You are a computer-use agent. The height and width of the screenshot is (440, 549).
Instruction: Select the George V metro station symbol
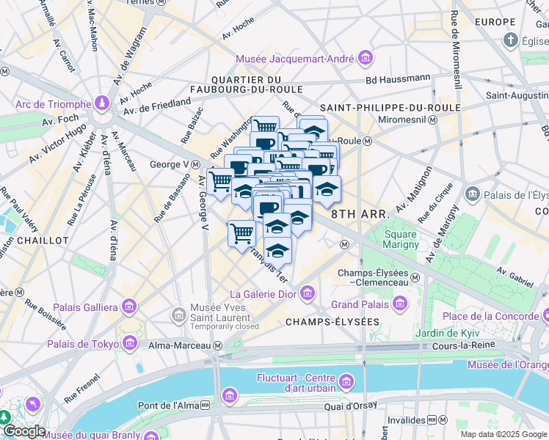(196, 164)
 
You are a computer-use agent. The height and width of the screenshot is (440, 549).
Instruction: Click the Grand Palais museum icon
(400, 302)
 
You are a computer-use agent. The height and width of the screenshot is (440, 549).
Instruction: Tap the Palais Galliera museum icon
(129, 306)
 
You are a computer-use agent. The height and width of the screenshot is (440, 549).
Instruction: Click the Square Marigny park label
(401, 239)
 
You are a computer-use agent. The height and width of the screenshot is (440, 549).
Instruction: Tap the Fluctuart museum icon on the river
(346, 381)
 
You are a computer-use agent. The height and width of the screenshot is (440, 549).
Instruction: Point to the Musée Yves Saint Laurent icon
(178, 316)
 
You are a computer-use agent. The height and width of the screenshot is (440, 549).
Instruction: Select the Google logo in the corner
(24, 430)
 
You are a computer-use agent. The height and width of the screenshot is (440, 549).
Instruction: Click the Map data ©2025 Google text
(503, 434)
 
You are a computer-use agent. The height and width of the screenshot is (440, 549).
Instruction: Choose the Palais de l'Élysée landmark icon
(472, 194)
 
